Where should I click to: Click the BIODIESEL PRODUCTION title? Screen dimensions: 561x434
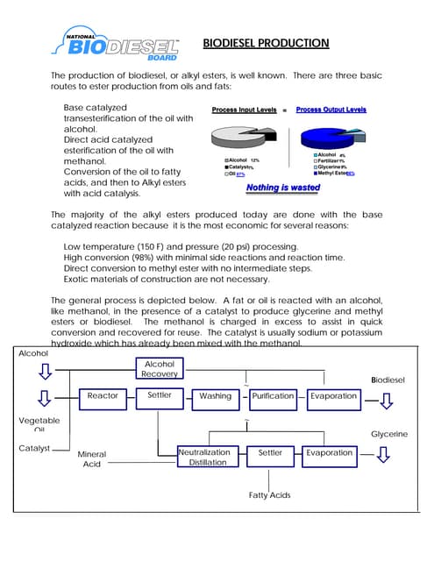point(266,43)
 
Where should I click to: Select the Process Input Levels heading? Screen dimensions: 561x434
point(245,110)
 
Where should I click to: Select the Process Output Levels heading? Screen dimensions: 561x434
point(331,110)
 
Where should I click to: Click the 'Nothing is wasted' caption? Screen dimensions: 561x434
point(283,188)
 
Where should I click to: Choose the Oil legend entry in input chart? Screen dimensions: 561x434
point(235,174)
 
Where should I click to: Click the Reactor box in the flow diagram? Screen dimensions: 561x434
point(103,396)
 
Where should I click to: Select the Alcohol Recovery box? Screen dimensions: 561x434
point(159,369)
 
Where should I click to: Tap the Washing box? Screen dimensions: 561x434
point(215,396)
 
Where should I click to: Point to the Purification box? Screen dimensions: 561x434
point(273,396)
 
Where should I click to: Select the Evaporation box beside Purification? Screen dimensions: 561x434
point(333,396)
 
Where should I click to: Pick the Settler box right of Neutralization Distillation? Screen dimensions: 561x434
point(270,452)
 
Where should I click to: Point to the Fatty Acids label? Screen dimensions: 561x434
point(269,495)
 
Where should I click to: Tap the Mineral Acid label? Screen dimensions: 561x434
point(92,459)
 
